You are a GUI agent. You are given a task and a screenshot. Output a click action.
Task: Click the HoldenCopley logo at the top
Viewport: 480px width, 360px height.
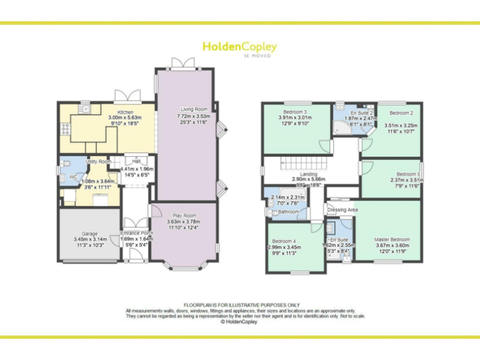pyautogui.click(x=239, y=47)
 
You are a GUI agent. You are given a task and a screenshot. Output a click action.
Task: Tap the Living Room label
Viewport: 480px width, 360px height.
pyautogui.click(x=187, y=109)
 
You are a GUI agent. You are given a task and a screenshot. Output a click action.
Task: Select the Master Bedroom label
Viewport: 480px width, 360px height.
pyautogui.click(x=392, y=239)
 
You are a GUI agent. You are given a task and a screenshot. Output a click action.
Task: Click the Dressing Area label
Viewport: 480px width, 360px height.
pyautogui.click(x=342, y=210)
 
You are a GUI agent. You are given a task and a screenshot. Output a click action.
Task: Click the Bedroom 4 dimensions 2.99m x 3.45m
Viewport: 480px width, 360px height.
pyautogui.click(x=284, y=247)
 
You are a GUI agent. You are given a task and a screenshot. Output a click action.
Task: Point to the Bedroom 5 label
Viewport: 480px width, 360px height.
pyautogui.click(x=408, y=174)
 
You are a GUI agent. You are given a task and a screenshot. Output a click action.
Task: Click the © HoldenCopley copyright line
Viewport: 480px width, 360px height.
pyautogui.click(x=239, y=322)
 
